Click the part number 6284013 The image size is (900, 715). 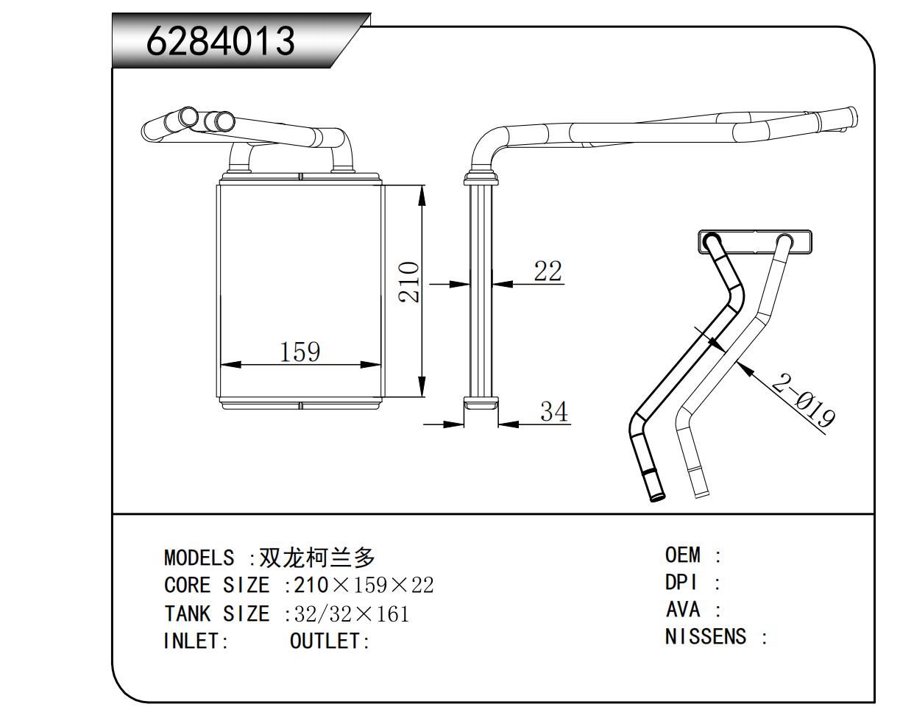tap(221, 41)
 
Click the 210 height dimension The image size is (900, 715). tap(409, 282)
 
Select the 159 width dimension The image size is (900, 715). tap(300, 352)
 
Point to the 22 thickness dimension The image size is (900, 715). tap(547, 271)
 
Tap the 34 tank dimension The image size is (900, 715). tap(554, 412)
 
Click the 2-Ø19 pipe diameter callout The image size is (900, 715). tap(803, 401)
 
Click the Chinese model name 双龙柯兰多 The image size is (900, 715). tap(318, 557)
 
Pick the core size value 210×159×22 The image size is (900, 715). tap(364, 586)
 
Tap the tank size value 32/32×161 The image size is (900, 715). tap(351, 613)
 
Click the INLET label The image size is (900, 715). tap(196, 641)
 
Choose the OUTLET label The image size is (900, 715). tap(329, 641)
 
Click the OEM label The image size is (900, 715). tap(682, 555)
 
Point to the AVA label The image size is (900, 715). tap(682, 610)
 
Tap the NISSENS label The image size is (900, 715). tap(705, 637)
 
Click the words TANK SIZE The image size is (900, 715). tap(216, 613)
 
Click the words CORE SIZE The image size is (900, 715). tap(216, 586)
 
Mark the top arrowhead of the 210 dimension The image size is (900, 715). tap(422, 194)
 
